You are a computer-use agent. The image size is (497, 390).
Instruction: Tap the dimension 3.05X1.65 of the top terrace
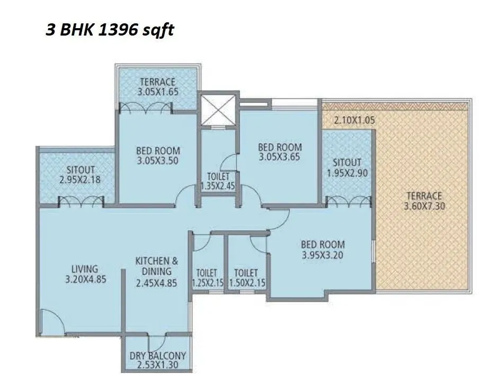pos(157,91)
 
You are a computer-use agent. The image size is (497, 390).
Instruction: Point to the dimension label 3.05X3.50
pos(158,160)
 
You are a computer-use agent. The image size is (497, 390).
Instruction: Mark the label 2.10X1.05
pos(354,120)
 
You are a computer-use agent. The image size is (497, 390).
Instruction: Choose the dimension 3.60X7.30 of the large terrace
pos(423,205)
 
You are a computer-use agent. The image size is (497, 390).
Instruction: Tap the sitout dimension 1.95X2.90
pos(347,172)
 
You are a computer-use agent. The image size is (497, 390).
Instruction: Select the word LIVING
pos(85,269)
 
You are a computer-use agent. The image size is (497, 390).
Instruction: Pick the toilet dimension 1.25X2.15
pos(207,283)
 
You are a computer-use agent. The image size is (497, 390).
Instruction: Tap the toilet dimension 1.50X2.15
pos(246,283)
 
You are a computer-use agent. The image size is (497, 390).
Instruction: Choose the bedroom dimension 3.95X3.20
pos(323,254)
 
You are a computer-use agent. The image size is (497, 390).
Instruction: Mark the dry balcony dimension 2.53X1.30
pos(157,365)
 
